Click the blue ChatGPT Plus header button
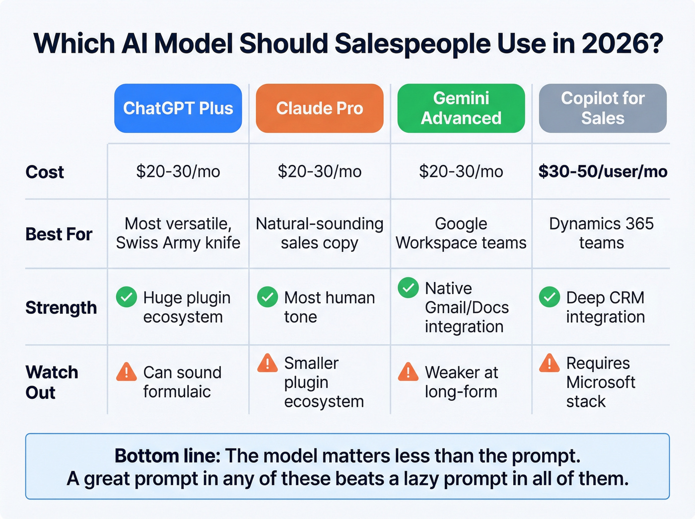click(178, 108)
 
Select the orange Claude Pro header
click(319, 108)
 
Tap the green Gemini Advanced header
click(461, 108)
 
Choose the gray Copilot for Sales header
click(602, 108)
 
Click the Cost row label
click(45, 172)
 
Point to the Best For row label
click(59, 234)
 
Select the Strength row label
click(61, 307)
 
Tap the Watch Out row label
click(52, 382)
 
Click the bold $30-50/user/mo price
click(603, 171)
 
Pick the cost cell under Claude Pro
click(319, 171)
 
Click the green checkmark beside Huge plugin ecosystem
click(127, 297)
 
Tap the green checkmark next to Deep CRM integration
click(550, 297)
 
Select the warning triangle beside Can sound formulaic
click(127, 372)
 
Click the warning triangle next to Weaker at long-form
click(408, 372)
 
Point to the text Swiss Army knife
click(178, 243)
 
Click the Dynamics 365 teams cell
click(601, 233)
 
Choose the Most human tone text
click(329, 307)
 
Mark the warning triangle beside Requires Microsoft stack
click(550, 363)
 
